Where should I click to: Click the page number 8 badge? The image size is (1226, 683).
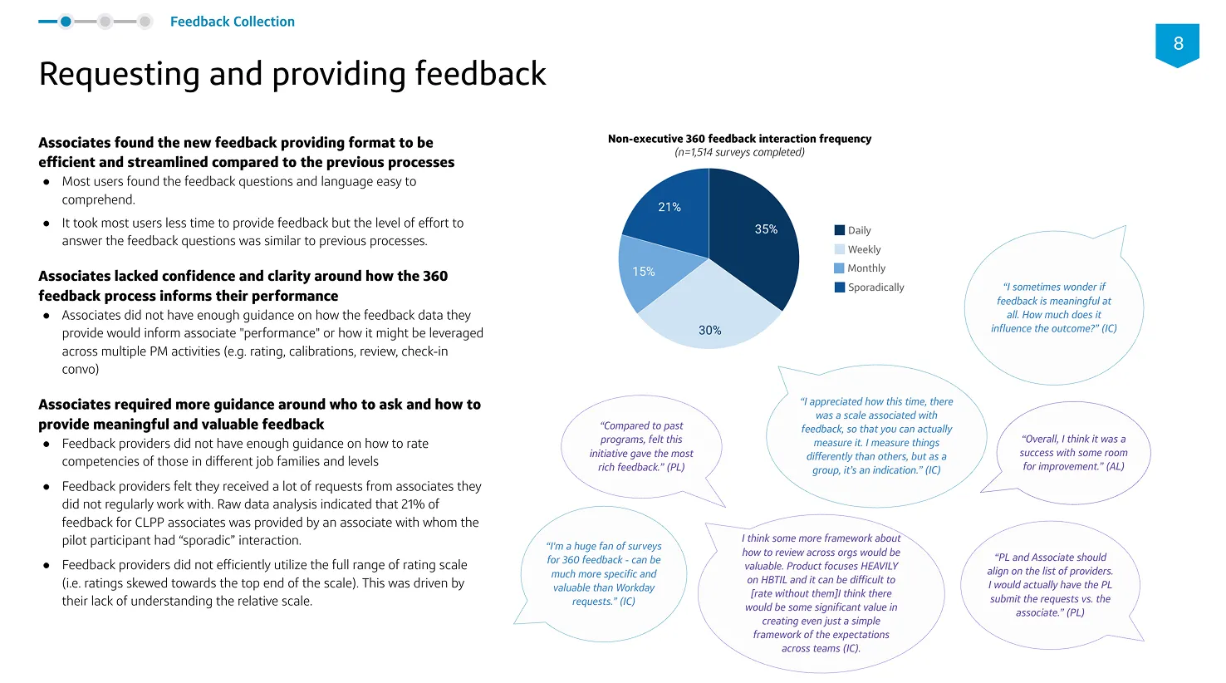(x=1177, y=44)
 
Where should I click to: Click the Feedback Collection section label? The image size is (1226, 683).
(x=233, y=22)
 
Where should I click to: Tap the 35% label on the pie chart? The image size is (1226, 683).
(x=766, y=229)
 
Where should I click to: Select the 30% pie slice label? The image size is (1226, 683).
(x=710, y=330)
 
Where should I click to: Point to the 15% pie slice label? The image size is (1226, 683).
(x=644, y=272)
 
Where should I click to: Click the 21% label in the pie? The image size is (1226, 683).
(x=669, y=207)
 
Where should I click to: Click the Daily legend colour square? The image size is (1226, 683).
(x=840, y=230)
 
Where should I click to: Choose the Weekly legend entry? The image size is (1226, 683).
(x=858, y=249)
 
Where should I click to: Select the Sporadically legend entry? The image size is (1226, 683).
(x=869, y=287)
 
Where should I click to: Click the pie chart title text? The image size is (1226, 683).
(x=739, y=139)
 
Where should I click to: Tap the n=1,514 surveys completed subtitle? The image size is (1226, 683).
(x=739, y=152)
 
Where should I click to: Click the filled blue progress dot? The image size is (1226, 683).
(x=66, y=22)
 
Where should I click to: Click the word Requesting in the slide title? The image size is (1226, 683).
(x=120, y=74)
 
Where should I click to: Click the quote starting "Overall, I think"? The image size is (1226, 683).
(x=1073, y=452)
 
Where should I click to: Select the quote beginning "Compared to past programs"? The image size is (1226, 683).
(x=641, y=446)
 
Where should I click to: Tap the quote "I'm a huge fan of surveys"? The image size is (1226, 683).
(x=604, y=573)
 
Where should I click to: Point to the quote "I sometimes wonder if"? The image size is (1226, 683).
(x=1053, y=307)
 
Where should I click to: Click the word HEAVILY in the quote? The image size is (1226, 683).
(x=880, y=566)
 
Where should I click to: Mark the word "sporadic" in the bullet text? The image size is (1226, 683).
(x=206, y=540)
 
